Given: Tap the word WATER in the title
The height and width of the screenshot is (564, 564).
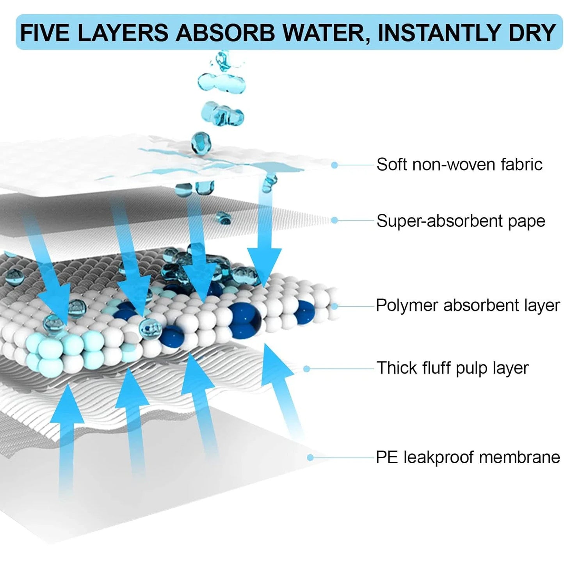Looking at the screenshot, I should coord(325,33).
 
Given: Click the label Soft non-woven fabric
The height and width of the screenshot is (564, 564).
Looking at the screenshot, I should coord(459,165).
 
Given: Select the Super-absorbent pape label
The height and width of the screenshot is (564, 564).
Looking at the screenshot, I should coord(461,221).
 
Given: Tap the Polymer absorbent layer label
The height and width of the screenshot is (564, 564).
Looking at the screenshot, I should coord(468,305).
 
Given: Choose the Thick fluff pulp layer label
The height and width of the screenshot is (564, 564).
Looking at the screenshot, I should coord(452,368).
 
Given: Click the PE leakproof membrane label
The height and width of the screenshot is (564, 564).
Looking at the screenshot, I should coord(468,457).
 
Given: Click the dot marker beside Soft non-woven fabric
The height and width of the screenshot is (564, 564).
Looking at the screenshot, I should coord(334,165).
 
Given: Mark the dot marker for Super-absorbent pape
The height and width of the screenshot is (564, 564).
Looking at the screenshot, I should coord(334,221).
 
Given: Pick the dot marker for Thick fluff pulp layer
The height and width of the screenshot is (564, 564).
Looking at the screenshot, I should coord(307,368).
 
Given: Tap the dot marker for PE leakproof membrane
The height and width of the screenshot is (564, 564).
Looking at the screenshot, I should coord(310,457).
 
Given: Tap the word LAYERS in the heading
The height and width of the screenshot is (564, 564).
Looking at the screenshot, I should coord(123,33).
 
